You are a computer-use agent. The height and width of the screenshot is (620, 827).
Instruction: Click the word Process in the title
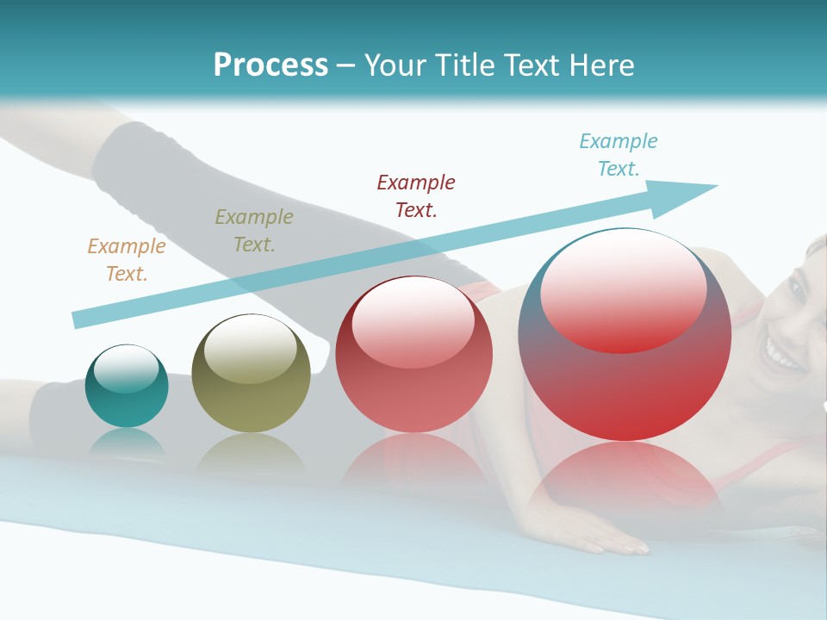click(270, 65)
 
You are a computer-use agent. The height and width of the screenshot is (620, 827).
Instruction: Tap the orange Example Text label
click(126, 260)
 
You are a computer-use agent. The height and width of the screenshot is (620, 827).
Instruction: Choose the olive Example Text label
click(253, 231)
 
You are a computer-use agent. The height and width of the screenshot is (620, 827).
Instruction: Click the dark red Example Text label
click(416, 195)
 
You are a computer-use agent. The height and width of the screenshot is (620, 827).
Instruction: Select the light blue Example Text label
click(618, 155)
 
